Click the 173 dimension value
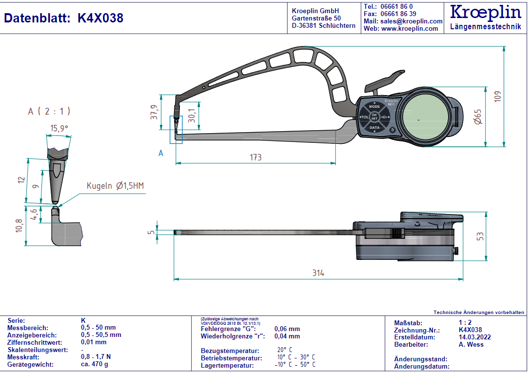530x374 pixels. [255, 157]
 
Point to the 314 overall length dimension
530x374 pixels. [318, 273]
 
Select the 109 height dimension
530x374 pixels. [497, 96]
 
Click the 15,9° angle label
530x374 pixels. [59, 128]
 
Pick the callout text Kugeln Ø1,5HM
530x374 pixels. [116, 186]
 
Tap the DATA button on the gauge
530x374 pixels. [374, 128]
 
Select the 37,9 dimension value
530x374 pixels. [154, 113]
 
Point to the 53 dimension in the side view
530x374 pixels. [480, 236]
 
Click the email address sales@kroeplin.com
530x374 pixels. [411, 21]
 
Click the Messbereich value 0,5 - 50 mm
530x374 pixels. [98, 328]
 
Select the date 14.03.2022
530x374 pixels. [474, 337]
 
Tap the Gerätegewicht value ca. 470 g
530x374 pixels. [95, 364]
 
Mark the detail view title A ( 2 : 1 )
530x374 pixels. [49, 111]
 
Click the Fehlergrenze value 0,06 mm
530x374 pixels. [287, 329]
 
